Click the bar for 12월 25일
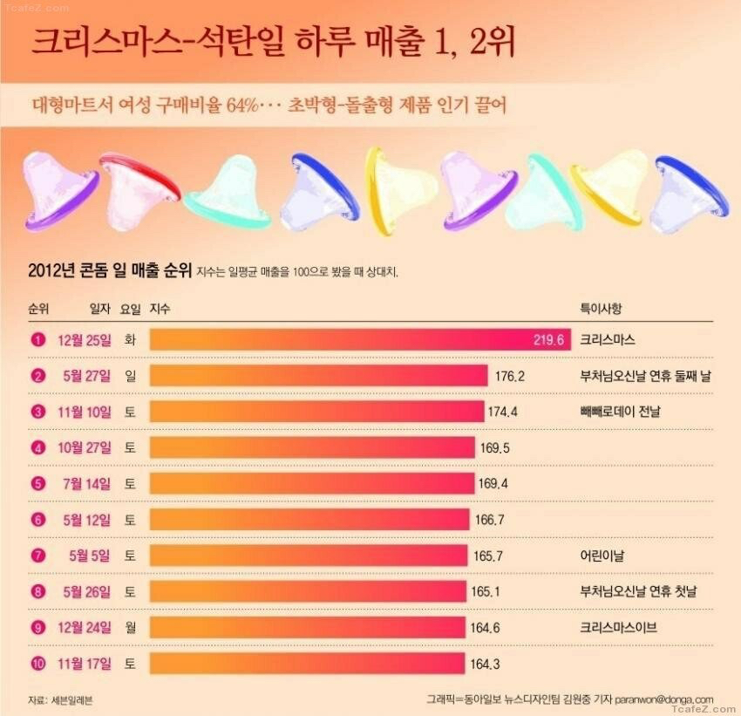tap(359, 339)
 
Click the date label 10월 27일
tap(85, 447)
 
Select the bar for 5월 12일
tap(309, 520)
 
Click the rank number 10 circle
tap(37, 665)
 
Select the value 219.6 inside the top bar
tap(550, 339)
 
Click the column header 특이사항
tap(602, 309)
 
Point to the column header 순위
tap(38, 309)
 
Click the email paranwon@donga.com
tap(665, 699)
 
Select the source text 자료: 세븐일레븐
tap(60, 699)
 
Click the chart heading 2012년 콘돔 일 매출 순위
tap(110, 269)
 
